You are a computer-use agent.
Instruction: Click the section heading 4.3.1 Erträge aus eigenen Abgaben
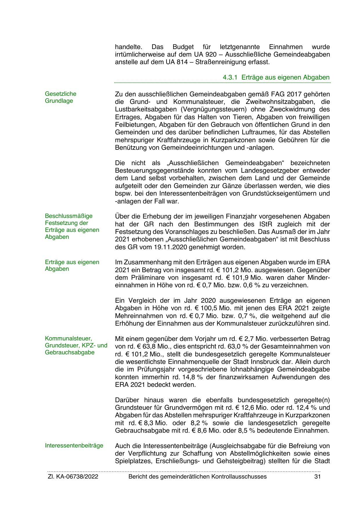click(276, 77)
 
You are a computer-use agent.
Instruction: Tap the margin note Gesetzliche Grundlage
click(60, 97)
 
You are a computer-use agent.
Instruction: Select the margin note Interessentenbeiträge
click(74, 445)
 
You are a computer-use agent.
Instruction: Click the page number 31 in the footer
click(317, 476)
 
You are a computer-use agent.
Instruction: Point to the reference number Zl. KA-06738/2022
click(73, 476)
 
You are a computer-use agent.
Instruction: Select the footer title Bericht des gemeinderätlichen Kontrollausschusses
click(197, 476)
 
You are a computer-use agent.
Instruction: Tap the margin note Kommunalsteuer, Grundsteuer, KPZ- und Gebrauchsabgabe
click(76, 345)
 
